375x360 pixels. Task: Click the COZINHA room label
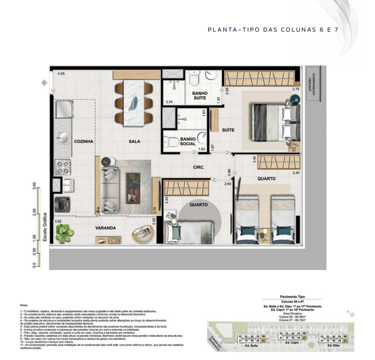(84, 141)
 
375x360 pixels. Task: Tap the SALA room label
(135, 141)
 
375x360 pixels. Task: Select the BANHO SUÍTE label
(199, 95)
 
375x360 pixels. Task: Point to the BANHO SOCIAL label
(188, 141)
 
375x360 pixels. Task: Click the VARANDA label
(105, 228)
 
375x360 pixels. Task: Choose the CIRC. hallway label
(198, 167)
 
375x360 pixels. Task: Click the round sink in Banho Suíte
(211, 76)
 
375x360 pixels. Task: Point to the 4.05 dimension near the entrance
(61, 74)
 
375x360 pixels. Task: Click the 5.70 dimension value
(154, 210)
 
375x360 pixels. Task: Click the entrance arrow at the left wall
(44, 83)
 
